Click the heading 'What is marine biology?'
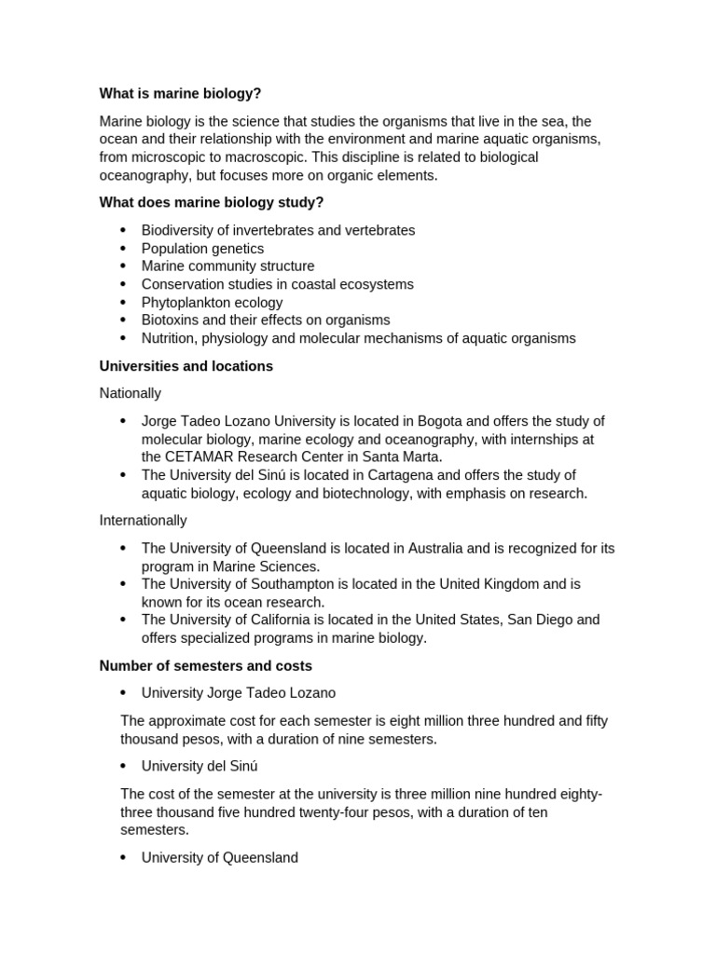[180, 94]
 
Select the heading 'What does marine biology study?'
[212, 203]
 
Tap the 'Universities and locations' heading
[186, 366]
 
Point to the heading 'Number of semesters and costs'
[206, 666]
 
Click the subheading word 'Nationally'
[131, 393]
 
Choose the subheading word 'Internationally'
[143, 520]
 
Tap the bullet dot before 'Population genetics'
[123, 249]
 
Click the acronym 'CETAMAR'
[206, 457]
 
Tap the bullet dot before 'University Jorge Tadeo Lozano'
[123, 693]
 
